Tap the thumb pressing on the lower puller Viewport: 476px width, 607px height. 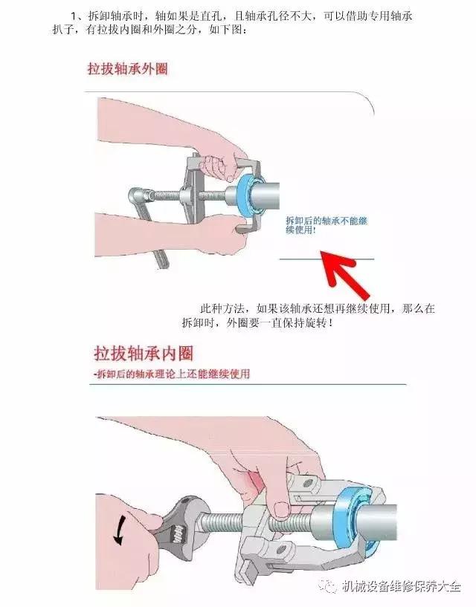[280, 506]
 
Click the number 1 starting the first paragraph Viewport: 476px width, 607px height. [74, 16]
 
